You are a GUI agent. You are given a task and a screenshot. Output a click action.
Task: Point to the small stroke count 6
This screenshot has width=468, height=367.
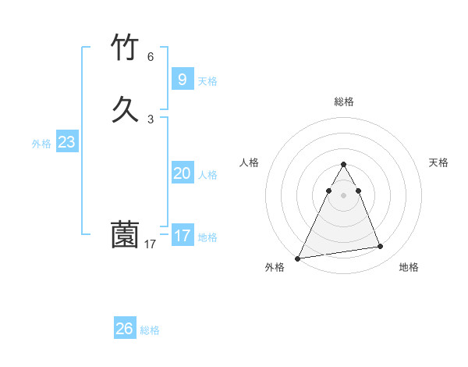tap(151, 57)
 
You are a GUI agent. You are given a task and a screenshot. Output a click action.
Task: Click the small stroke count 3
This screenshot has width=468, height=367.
tap(151, 119)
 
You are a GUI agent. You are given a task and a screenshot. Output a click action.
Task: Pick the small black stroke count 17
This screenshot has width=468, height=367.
tap(151, 244)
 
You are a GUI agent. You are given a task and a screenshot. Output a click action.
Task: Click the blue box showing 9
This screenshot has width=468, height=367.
tap(182, 79)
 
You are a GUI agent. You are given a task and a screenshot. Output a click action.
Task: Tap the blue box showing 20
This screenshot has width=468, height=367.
tap(182, 173)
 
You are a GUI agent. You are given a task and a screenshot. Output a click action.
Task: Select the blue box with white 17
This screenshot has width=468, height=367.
tap(182, 235)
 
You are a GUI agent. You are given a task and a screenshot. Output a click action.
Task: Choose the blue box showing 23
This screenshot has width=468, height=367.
tap(66, 142)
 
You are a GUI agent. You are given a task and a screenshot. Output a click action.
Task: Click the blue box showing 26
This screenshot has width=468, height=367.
tap(125, 329)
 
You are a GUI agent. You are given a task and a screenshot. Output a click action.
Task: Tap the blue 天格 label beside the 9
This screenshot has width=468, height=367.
tap(207, 81)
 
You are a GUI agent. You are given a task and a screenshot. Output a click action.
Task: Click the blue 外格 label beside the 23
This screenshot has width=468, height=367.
tap(41, 144)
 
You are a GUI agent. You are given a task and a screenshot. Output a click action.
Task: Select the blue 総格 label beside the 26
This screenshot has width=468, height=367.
tap(150, 330)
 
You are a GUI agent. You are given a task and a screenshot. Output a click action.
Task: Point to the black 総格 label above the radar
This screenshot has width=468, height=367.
tap(343, 102)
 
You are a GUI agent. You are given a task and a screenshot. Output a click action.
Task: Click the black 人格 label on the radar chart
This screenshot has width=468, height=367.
tap(249, 162)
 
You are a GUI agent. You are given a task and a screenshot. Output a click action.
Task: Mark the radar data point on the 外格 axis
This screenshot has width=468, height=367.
tap(298, 258)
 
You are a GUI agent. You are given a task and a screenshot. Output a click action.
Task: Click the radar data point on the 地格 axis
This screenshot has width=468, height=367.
tap(381, 247)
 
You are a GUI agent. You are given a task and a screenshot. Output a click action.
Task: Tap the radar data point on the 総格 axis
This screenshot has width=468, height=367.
tap(343, 165)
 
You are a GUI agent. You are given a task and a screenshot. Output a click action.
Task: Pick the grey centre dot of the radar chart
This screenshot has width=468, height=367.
tap(343, 195)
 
